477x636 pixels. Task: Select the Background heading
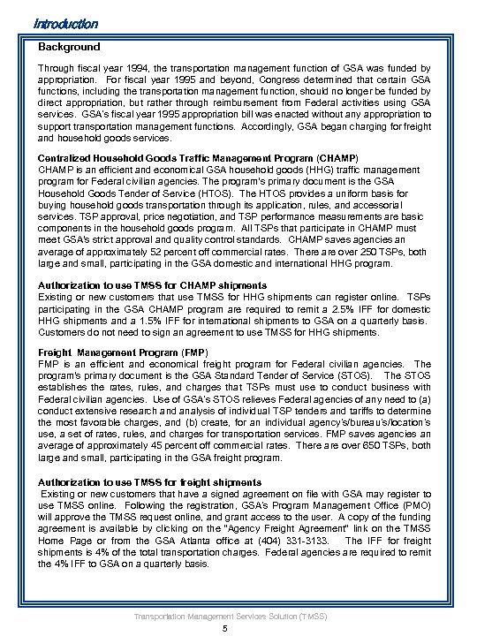tap(69, 47)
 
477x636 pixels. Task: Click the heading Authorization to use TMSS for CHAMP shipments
tap(152, 286)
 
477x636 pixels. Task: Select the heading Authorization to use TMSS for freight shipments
tap(150, 481)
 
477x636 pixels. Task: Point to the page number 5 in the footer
tap(227, 628)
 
